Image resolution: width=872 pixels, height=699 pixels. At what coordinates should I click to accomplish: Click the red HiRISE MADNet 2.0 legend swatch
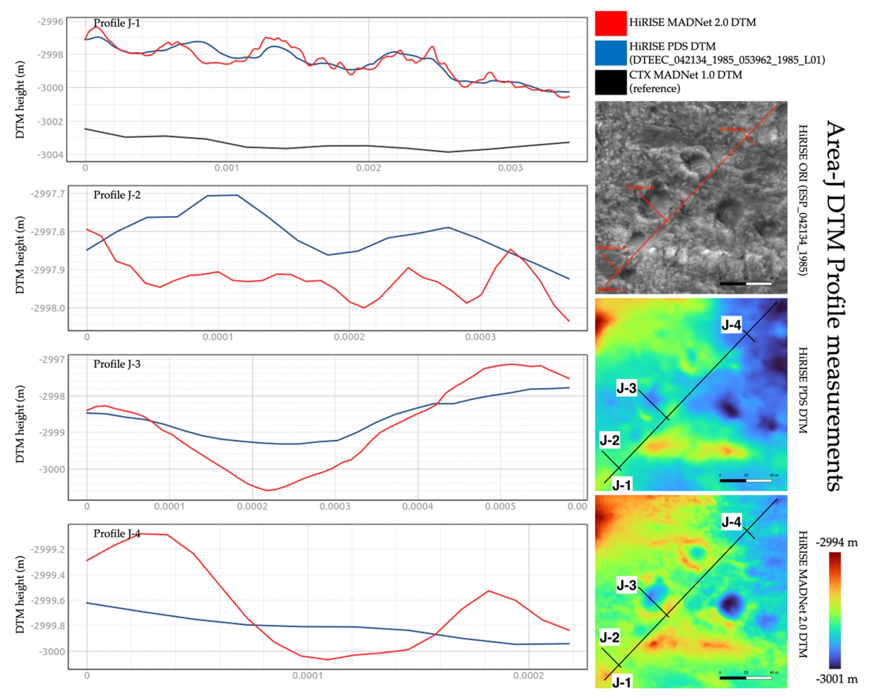pyautogui.click(x=610, y=23)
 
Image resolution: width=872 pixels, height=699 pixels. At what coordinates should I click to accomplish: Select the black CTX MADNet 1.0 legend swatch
pyautogui.click(x=610, y=82)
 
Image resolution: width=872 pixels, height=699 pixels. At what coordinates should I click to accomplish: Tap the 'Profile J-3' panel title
pyautogui.click(x=117, y=364)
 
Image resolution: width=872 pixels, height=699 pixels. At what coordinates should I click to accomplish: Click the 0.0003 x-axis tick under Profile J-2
pyautogui.click(x=480, y=337)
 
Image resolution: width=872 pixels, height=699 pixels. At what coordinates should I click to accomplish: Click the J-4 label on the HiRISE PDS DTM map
pyautogui.click(x=731, y=325)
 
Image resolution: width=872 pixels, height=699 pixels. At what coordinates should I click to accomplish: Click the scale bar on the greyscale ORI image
pyautogui.click(x=745, y=284)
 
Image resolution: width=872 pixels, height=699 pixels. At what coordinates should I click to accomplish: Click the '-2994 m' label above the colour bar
pyautogui.click(x=836, y=543)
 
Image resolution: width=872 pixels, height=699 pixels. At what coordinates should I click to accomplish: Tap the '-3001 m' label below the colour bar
pyautogui.click(x=836, y=679)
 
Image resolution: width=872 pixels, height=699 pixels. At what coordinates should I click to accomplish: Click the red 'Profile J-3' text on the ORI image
pyautogui.click(x=640, y=187)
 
